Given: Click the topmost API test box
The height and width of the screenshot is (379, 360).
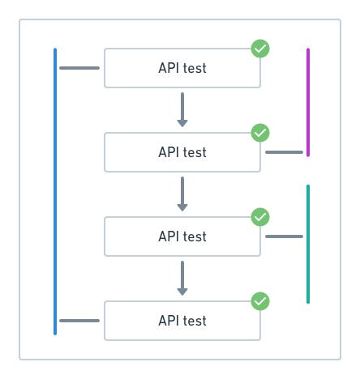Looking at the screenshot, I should click(182, 68).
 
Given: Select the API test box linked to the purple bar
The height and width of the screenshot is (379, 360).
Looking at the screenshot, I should click(182, 152).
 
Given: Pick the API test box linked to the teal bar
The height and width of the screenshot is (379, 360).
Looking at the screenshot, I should click(182, 236).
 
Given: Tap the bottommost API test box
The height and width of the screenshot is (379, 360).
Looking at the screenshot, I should click(182, 321).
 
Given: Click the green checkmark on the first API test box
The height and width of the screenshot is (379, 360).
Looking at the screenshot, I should click(260, 49).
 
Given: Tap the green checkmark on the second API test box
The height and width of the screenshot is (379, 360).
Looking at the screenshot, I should click(260, 133).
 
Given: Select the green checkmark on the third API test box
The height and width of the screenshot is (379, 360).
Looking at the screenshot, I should click(260, 217).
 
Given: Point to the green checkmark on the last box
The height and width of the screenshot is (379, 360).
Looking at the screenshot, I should click(260, 301).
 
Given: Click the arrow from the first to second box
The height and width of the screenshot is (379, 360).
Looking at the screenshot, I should click(182, 109).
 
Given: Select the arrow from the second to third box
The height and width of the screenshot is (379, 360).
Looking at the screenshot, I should click(182, 194).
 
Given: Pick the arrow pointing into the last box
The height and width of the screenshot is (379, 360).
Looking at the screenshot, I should click(182, 278).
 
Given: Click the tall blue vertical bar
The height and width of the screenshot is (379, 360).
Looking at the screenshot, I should click(55, 191).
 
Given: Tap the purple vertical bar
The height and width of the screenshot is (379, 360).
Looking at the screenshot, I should click(308, 102).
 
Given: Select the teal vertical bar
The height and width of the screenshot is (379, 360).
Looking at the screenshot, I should click(308, 244).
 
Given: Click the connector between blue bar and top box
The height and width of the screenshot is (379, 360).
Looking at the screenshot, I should click(79, 68).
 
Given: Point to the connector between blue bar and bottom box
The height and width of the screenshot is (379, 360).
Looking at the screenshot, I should click(79, 321).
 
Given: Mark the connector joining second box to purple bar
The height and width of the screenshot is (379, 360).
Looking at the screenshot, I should click(284, 152).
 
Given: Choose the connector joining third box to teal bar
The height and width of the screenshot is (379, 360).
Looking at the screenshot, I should click(284, 236).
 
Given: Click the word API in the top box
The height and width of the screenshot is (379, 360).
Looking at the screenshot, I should click(169, 68).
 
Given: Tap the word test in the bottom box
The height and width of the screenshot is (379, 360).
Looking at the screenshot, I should click(195, 321).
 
